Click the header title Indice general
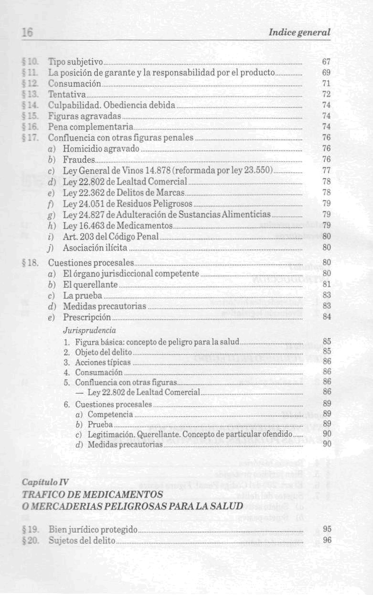299,32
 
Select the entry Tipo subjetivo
75,62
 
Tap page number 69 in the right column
327,73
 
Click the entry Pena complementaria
90,127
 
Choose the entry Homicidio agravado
101,149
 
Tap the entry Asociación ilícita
95,248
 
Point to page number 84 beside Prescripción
327,317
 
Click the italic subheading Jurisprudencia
90,330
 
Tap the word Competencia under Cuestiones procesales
110,414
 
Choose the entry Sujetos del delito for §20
82,540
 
